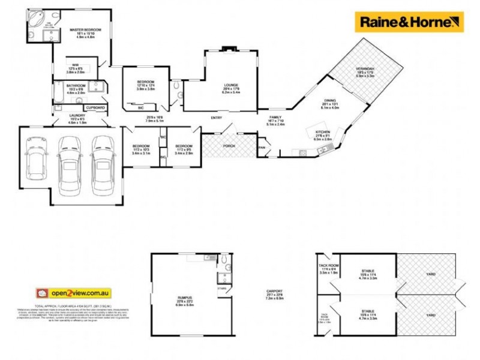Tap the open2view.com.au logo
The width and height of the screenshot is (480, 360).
73,293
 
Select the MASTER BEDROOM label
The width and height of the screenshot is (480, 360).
84,29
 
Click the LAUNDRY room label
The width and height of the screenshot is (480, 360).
77,116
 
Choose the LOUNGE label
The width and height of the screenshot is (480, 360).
231,86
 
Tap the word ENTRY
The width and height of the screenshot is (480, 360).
216,118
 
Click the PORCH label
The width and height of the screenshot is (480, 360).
229,146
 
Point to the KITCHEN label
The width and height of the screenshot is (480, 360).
323,131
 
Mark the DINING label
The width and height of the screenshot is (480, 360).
330,101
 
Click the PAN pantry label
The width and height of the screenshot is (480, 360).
262,147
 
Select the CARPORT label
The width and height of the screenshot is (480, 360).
274,292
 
